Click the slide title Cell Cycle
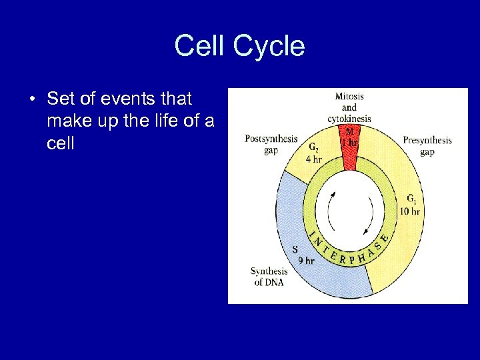tap(239, 47)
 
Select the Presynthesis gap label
tap(427, 145)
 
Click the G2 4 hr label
tap(313, 154)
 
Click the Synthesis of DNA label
tap(269, 276)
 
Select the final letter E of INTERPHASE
tap(385, 235)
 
